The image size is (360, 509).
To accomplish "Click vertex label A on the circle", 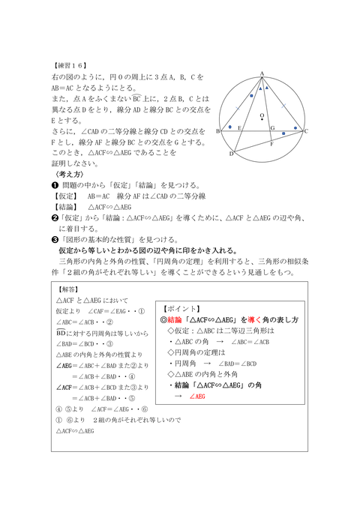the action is [x=262, y=72].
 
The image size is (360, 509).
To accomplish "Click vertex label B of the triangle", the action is [x=217, y=131].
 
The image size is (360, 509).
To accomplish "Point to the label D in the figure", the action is [x=231, y=154].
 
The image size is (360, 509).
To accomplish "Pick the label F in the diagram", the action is [x=271, y=143].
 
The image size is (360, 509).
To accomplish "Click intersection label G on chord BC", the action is [x=272, y=127].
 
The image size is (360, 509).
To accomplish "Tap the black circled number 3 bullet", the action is [x=55, y=239].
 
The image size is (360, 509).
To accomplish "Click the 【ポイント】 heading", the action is [x=182, y=308].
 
